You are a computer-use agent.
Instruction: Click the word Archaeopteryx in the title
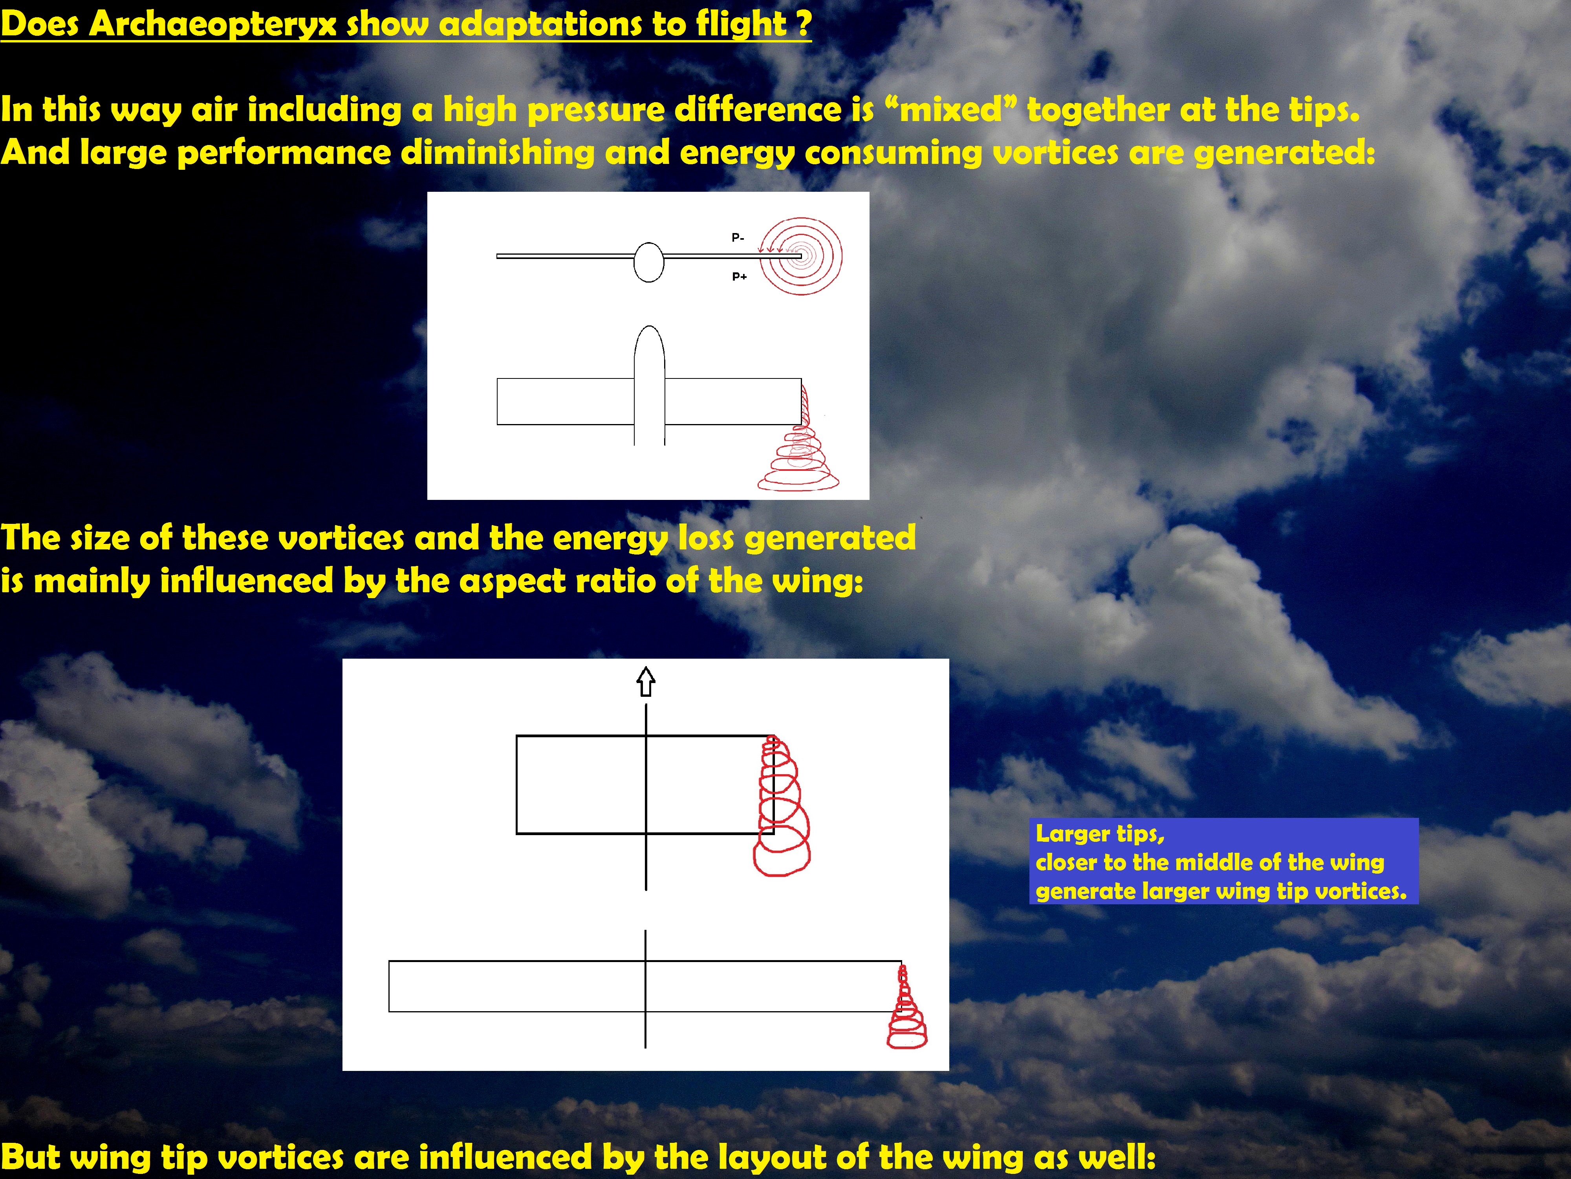click(x=212, y=24)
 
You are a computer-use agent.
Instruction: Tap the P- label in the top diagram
click(x=738, y=237)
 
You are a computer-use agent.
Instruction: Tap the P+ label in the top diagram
click(x=739, y=276)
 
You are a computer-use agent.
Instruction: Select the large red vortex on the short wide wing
click(x=781, y=806)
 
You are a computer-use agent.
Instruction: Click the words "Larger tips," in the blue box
click(x=1100, y=834)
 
